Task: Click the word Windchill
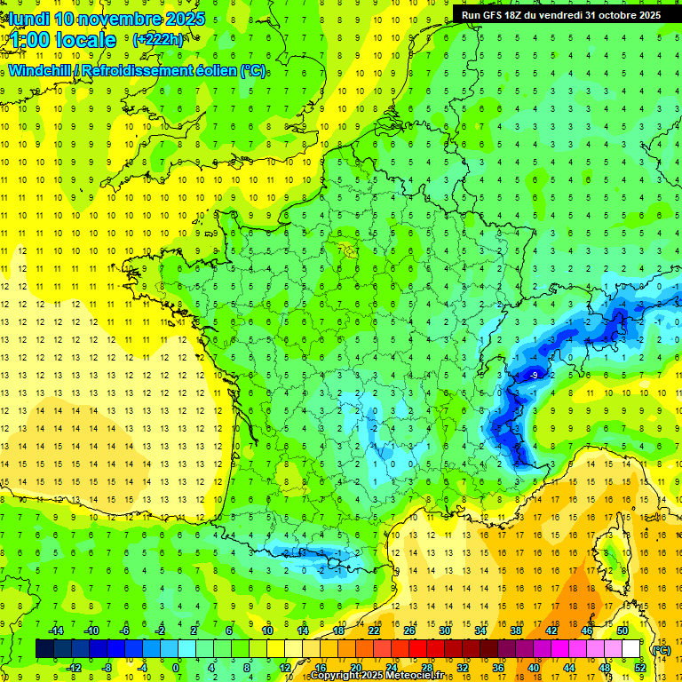click(x=40, y=70)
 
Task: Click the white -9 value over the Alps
click(x=533, y=377)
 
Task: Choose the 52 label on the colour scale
click(x=640, y=667)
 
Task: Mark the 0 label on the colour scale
click(x=176, y=667)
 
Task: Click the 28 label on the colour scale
click(x=426, y=667)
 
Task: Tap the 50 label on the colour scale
click(x=622, y=630)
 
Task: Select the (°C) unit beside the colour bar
click(x=661, y=649)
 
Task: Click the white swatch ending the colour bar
click(x=631, y=649)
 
